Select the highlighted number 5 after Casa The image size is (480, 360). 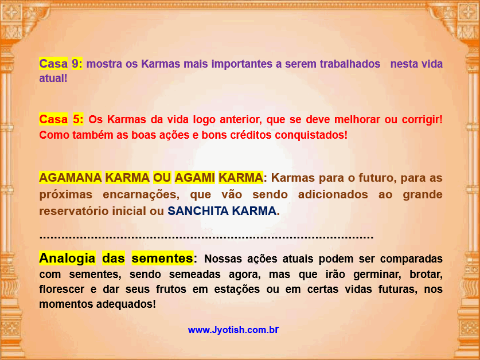[x=78, y=119]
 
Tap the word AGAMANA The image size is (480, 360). [x=71, y=178]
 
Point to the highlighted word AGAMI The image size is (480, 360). [x=194, y=178]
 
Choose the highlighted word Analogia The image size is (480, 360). [x=67, y=258]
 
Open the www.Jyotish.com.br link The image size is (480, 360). [x=233, y=330]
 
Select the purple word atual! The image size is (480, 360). [x=53, y=79]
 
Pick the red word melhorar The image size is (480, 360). [x=357, y=119]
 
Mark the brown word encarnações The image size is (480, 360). [x=141, y=195]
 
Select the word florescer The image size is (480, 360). [x=61, y=289]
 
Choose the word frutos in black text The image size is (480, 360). [x=171, y=289]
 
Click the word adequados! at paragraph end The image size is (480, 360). [x=126, y=304]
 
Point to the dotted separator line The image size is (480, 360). [x=206, y=237]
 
